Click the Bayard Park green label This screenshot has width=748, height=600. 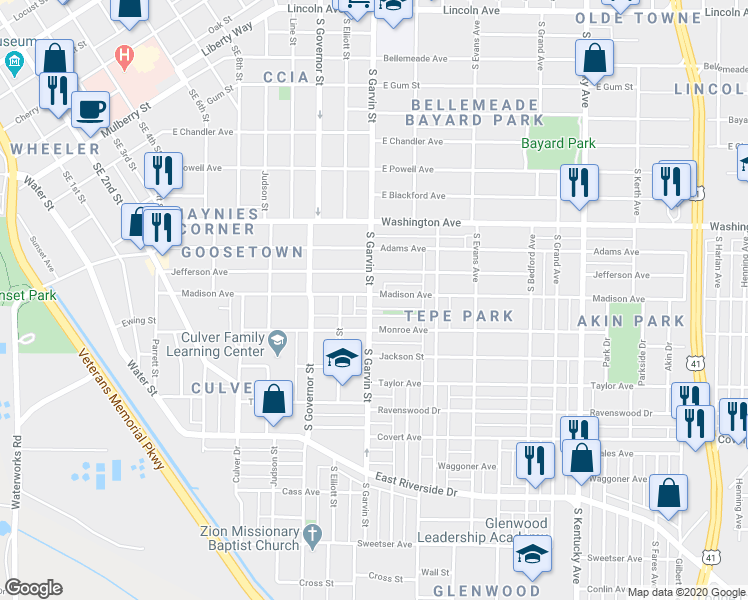558,143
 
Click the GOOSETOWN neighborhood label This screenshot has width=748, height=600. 242,252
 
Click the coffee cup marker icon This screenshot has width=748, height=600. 90,108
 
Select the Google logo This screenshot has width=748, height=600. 33,588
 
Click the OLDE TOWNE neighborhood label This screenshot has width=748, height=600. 621,19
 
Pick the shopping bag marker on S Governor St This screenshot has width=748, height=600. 273,400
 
